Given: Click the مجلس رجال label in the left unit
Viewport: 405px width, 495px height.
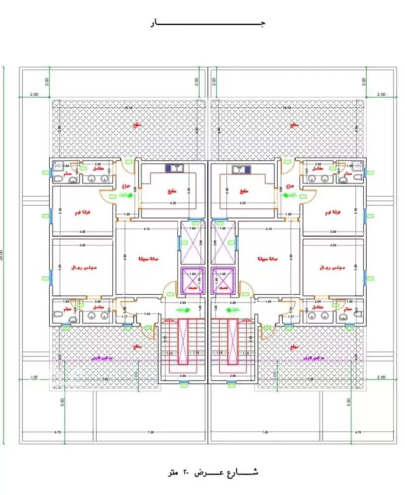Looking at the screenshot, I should click(x=81, y=267).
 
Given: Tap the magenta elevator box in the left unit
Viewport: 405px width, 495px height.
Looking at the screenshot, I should click(x=192, y=280).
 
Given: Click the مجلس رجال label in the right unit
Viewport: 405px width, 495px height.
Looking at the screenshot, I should click(x=330, y=267).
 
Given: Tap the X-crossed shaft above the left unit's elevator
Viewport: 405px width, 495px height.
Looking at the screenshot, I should click(x=192, y=240).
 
